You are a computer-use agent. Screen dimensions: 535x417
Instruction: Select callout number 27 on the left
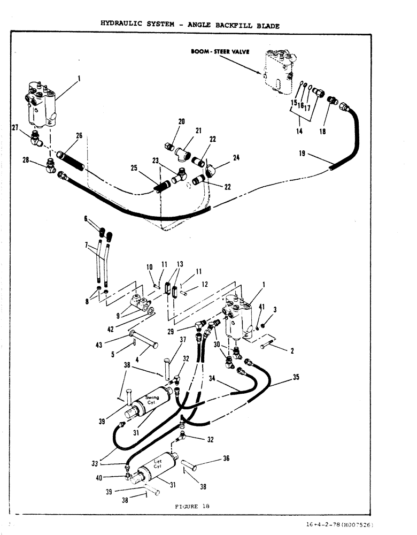[15, 127]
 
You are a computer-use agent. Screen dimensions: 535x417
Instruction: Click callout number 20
[181, 121]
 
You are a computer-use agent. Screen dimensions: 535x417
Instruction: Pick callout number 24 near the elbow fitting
[236, 158]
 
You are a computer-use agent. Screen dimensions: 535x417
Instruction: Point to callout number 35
[296, 377]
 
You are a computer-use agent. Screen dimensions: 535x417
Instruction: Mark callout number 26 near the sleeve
[79, 135]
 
